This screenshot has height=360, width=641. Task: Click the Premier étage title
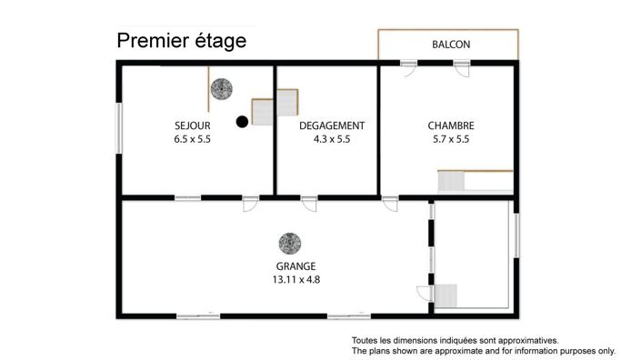point(182,41)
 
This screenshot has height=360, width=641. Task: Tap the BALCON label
point(451,45)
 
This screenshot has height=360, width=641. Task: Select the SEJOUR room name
point(193,125)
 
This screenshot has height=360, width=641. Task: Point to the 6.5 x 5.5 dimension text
point(193,139)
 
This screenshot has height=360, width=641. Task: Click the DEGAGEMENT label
point(332,125)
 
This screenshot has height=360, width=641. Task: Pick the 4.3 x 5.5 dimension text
point(332,139)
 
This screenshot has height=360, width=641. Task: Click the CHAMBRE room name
point(451,125)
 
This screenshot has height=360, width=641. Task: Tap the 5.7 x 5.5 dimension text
point(451,139)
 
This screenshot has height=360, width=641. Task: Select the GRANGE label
point(296,266)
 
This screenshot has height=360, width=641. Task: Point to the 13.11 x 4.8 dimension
point(296,280)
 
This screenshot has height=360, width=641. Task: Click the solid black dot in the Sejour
point(242,122)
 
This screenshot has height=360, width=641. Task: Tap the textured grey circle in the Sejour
point(222,89)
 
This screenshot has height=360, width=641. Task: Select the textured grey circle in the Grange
point(290,244)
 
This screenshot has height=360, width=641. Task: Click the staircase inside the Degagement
point(287,102)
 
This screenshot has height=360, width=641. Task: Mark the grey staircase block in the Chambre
point(451,182)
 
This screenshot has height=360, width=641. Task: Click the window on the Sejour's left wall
point(119,128)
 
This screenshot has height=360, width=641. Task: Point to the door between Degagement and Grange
point(309,204)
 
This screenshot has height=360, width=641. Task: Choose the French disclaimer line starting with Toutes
point(455,340)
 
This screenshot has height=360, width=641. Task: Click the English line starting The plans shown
point(484,351)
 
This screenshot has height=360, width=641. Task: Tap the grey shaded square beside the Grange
point(446,295)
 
